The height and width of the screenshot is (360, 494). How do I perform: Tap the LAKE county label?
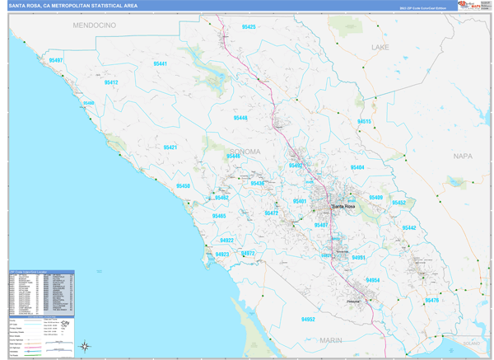pyautogui.click(x=380, y=48)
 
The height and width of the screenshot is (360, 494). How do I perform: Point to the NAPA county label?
pyautogui.click(x=464, y=155)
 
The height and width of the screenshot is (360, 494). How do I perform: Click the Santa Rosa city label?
pyautogui.click(x=343, y=205)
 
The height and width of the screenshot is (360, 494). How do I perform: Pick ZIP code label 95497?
pyautogui.click(x=56, y=60)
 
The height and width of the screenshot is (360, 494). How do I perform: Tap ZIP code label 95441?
pyautogui.click(x=160, y=63)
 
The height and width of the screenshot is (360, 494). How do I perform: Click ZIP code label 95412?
pyautogui.click(x=111, y=82)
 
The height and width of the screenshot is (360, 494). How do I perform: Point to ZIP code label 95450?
pyautogui.click(x=183, y=186)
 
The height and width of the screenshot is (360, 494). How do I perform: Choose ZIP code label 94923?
pyautogui.click(x=222, y=255)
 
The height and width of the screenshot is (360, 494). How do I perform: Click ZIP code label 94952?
pyautogui.click(x=308, y=319)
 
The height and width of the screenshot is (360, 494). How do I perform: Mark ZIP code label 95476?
pyautogui.click(x=431, y=300)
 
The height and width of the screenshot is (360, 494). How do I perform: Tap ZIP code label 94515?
pyautogui.click(x=364, y=121)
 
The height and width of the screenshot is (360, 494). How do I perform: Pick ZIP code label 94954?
pyautogui.click(x=373, y=280)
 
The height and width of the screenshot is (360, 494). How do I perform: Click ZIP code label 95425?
pyautogui.click(x=249, y=27)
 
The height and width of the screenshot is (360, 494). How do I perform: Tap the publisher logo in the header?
pyautogui.click(x=469, y=6)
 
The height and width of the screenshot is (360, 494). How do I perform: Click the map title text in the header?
pyautogui.click(x=73, y=6)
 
